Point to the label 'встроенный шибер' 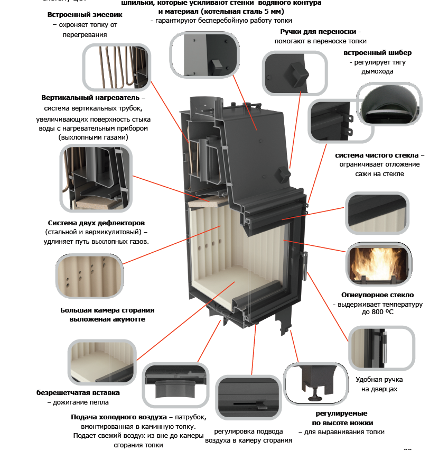coord(377,53)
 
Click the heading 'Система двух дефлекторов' coord(96,223)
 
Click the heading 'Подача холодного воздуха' coord(119,417)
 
